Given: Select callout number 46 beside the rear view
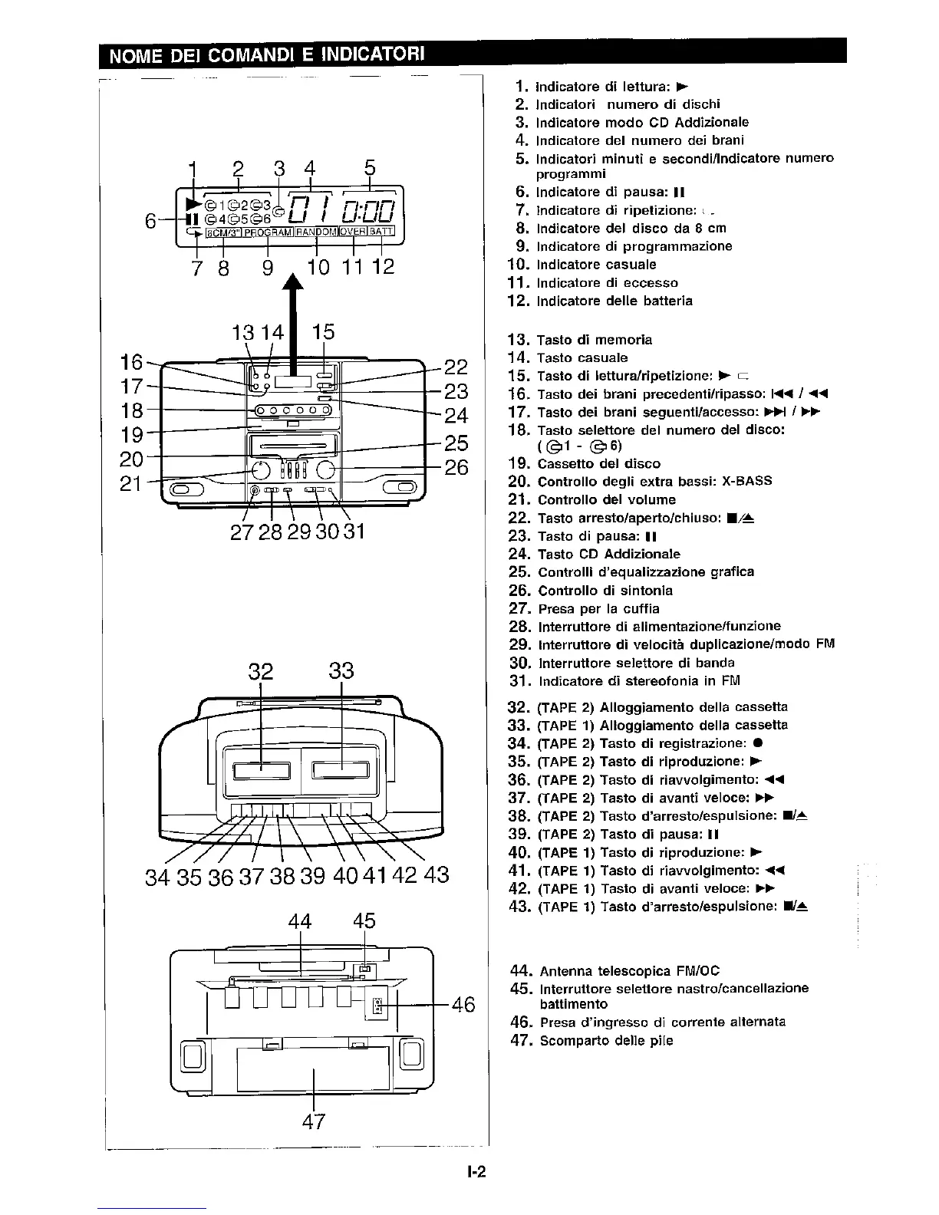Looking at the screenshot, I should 463,1004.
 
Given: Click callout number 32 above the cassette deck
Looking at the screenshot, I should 261,671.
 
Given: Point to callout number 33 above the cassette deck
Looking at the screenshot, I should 341,671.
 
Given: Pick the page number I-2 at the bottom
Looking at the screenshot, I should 476,1173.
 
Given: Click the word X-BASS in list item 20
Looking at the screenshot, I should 746,482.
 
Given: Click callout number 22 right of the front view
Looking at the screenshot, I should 456,367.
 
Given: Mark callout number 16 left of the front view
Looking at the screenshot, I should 132,362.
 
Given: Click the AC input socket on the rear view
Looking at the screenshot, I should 377,1006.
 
